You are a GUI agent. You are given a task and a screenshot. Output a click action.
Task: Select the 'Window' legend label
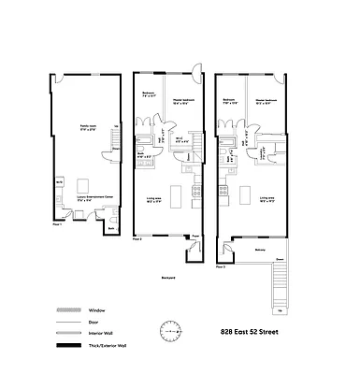click(98, 310)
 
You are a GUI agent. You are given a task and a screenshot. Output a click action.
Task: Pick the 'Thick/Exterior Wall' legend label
click(109, 348)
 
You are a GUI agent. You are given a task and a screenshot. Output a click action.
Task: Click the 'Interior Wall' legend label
click(103, 335)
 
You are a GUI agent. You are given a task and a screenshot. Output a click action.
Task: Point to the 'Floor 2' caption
click(137, 239)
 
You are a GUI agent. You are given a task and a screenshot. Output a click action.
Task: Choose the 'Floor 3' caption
click(221, 266)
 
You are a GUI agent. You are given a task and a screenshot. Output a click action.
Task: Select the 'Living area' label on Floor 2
click(155, 198)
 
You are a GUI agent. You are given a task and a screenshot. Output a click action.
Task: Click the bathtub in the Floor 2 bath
click(140, 153)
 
